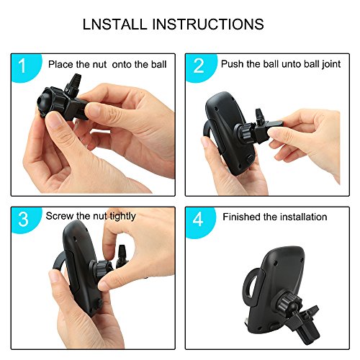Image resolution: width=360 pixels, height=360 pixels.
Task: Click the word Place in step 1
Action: [x=60, y=64]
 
